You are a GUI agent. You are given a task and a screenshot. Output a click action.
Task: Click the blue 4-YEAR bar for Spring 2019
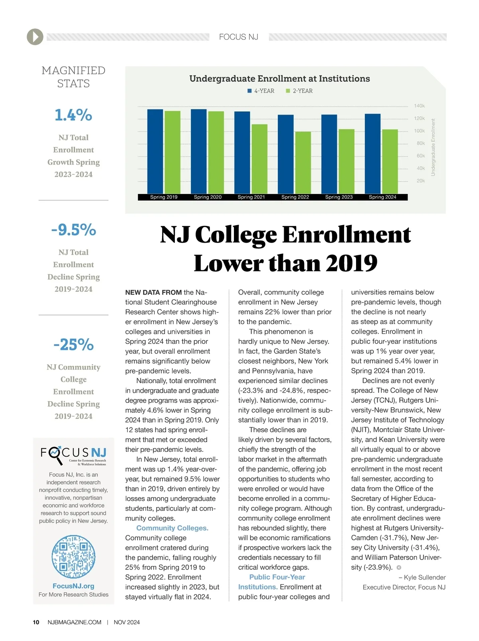point(155,152)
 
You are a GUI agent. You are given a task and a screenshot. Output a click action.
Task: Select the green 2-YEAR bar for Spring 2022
point(303,163)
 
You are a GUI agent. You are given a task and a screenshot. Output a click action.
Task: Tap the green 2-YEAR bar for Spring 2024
point(390,162)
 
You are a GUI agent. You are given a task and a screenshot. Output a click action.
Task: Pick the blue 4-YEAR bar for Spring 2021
point(242,153)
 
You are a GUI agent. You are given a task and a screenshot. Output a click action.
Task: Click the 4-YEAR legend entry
point(261,91)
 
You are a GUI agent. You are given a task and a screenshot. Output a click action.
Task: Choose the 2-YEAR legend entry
point(299,91)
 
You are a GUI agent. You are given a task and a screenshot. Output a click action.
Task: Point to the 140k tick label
point(419,106)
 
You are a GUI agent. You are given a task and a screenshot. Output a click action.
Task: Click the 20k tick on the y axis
point(420,181)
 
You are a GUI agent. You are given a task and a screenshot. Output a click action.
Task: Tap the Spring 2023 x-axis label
point(339,197)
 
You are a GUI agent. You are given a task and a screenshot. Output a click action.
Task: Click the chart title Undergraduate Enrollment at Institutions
point(279,79)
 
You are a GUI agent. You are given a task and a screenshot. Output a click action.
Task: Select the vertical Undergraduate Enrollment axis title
point(433,147)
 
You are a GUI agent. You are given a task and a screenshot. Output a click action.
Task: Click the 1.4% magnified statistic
point(73,115)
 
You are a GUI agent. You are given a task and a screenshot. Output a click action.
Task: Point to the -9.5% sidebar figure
point(73,230)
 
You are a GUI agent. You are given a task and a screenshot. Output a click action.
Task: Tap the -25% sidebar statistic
point(73,344)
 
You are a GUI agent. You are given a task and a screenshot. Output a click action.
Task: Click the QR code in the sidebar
point(73,556)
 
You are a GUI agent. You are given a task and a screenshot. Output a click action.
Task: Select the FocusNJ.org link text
point(73,586)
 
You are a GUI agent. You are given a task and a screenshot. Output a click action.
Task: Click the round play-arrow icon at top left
point(35,37)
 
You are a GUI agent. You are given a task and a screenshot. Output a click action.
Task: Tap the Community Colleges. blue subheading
point(172,528)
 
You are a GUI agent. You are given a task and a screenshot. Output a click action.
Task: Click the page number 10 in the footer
point(36,622)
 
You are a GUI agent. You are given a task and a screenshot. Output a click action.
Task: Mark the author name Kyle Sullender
point(425,578)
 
